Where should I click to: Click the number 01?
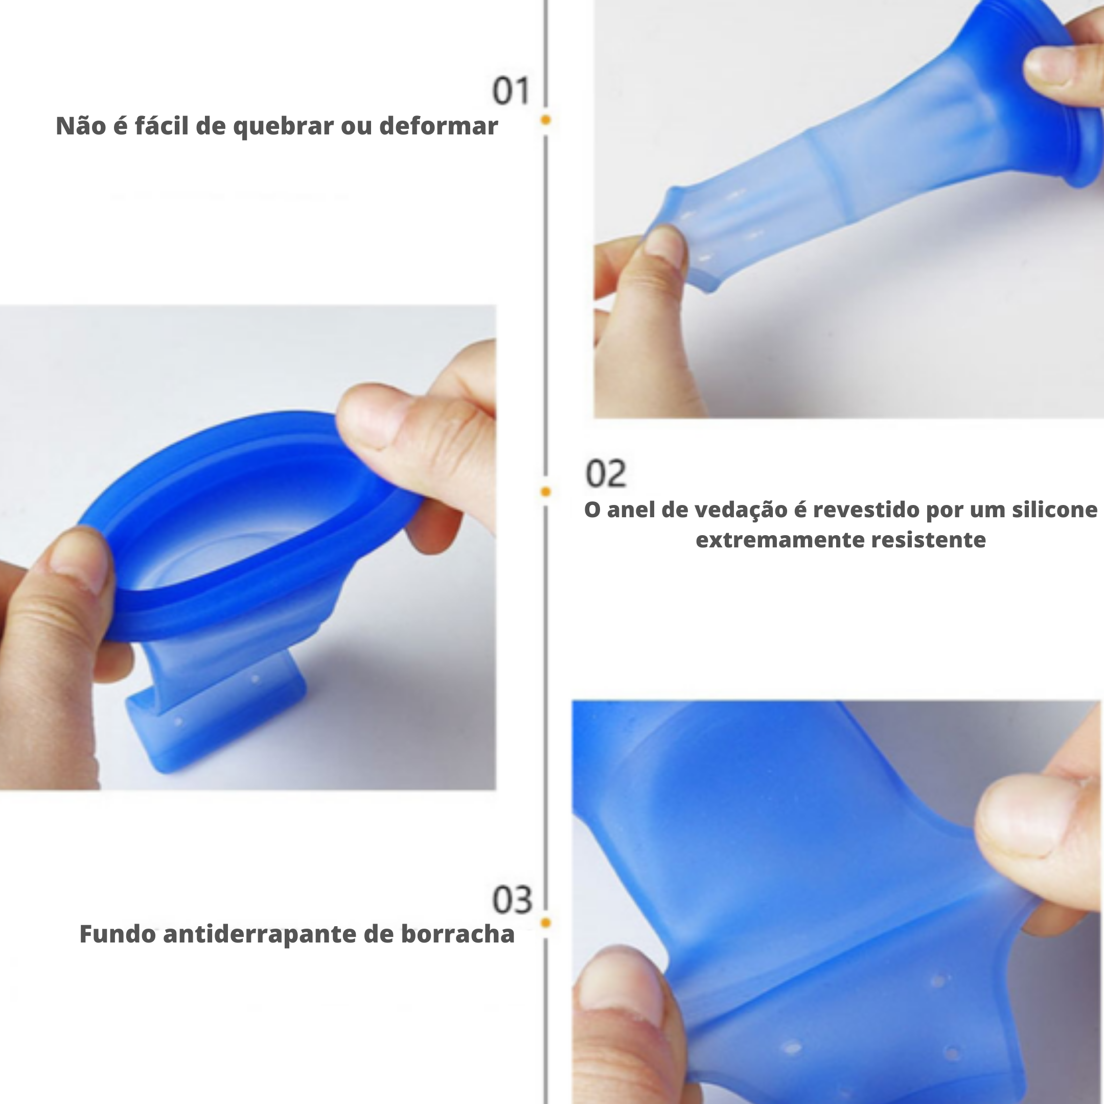click(511, 91)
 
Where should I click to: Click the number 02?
click(606, 473)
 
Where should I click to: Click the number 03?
click(512, 900)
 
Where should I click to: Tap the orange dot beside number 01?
click(546, 120)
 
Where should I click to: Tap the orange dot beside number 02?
click(546, 491)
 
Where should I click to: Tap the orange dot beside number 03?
click(546, 922)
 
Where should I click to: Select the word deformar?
click(439, 125)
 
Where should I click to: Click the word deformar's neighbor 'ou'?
click(357, 127)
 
